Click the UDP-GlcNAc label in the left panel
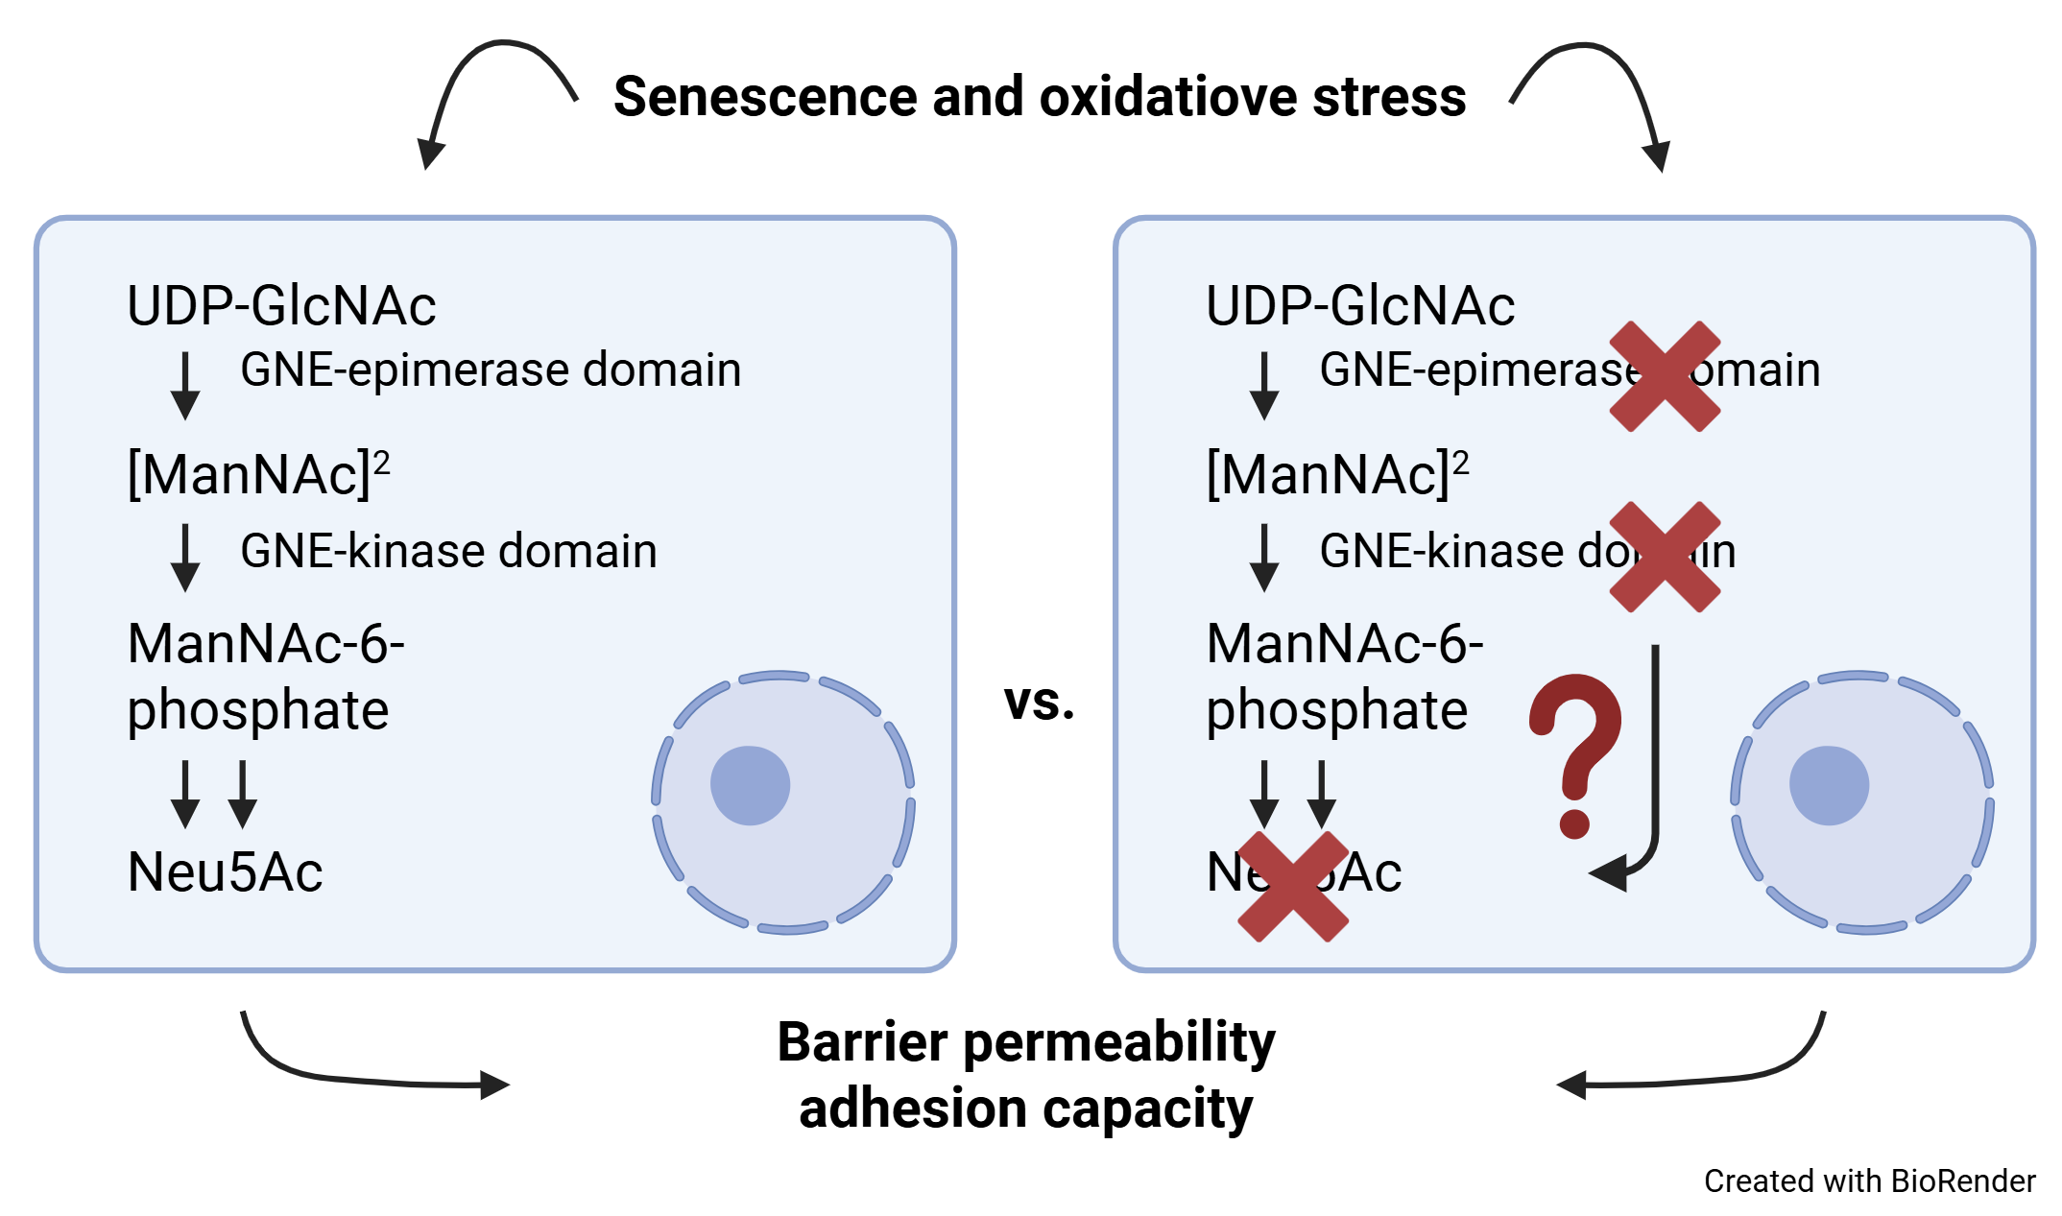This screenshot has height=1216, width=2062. click(x=281, y=306)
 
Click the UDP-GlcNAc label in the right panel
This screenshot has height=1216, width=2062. click(x=1360, y=306)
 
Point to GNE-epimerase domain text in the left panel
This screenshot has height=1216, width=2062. click(x=491, y=370)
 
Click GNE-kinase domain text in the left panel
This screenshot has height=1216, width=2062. click(x=448, y=551)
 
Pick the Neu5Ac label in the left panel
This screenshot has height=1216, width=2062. click(x=225, y=872)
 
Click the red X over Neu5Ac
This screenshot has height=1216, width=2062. click(x=1293, y=886)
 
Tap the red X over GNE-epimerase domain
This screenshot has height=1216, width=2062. click(x=1665, y=376)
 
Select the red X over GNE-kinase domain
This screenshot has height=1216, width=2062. click(x=1665, y=557)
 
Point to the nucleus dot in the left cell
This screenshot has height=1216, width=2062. click(x=750, y=785)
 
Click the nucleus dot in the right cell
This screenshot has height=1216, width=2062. click(x=1829, y=785)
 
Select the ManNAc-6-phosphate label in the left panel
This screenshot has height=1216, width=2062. click(x=265, y=676)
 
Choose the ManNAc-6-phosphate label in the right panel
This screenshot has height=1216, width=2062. click(x=1344, y=676)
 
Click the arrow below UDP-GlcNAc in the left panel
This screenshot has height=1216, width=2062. click(x=185, y=386)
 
